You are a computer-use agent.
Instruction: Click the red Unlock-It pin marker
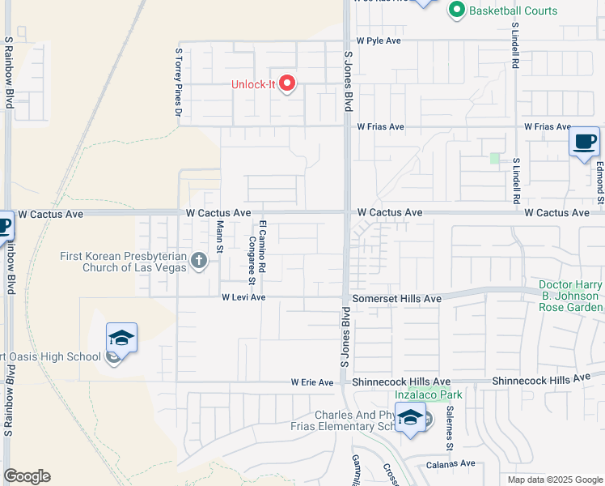click(x=288, y=83)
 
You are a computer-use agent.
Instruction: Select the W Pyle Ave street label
click(x=379, y=40)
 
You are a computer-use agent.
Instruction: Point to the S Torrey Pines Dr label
click(x=178, y=82)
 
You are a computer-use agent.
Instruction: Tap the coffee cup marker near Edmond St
click(x=584, y=143)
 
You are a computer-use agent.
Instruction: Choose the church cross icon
click(x=200, y=261)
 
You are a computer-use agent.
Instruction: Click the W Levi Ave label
click(x=244, y=297)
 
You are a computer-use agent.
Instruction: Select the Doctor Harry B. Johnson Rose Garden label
click(x=569, y=296)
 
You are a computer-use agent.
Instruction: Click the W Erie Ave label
click(x=312, y=382)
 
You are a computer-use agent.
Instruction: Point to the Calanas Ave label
click(x=451, y=463)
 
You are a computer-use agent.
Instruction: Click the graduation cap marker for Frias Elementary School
click(x=411, y=418)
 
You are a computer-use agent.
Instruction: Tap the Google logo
click(x=27, y=476)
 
